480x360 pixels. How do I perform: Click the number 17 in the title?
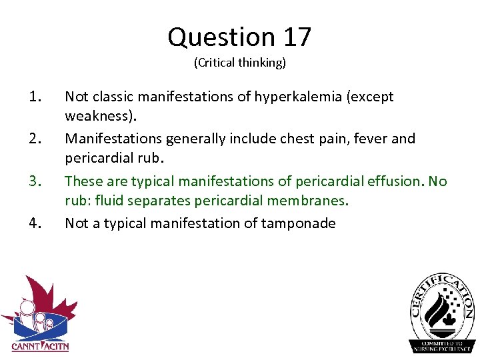point(297,37)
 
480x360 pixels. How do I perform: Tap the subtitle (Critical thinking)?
point(240,63)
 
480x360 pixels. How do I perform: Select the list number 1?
point(36,97)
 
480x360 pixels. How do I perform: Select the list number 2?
point(36,139)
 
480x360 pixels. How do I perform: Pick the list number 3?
point(36,181)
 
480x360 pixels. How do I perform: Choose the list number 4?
point(36,223)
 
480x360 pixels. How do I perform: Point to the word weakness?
point(98,117)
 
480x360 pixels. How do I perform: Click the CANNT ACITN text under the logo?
point(40,346)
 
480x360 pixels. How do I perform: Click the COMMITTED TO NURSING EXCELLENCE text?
point(442,345)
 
